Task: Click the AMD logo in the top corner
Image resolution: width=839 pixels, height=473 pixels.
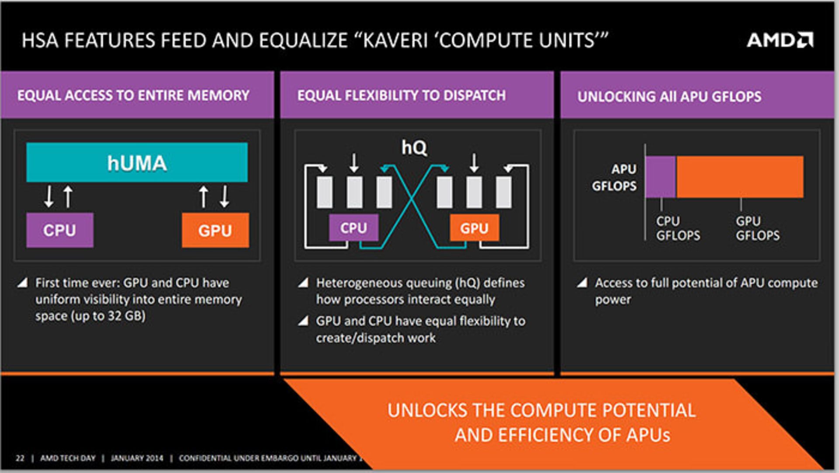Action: coord(780,40)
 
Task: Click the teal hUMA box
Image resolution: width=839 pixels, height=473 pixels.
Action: coord(137,162)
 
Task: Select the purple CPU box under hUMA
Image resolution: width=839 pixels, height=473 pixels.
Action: coord(60,230)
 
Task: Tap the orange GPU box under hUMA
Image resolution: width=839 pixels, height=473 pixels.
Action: coord(215,230)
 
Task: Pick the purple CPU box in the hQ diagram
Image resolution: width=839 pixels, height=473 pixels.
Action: coord(354,228)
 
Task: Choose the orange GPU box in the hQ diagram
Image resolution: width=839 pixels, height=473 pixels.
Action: coord(474,228)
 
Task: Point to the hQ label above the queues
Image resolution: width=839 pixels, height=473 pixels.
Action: coord(414,148)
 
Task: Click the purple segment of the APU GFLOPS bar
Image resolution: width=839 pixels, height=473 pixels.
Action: coord(660,177)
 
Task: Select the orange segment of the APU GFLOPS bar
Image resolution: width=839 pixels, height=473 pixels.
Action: coord(740,177)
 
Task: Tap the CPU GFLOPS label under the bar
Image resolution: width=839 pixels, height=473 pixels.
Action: coord(678,228)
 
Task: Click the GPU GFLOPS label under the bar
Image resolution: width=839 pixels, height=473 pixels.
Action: coord(757,228)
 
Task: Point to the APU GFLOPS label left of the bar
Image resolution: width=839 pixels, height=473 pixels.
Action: coord(615,177)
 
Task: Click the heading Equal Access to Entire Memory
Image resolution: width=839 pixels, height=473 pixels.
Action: coord(133,95)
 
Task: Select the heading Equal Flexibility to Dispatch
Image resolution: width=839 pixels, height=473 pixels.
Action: coord(402,95)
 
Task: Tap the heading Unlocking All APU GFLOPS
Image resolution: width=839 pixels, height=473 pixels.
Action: coord(669,97)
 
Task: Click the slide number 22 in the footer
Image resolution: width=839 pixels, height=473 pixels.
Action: coord(20,458)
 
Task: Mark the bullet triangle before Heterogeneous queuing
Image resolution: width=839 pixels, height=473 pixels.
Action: coord(303,283)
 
